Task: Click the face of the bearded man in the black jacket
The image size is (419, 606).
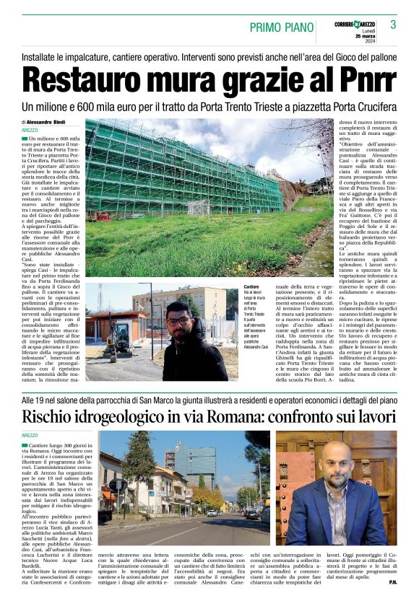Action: click(178, 319)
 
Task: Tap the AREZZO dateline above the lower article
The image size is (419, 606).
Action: click(30, 435)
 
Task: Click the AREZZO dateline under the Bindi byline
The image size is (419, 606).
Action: click(30, 130)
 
